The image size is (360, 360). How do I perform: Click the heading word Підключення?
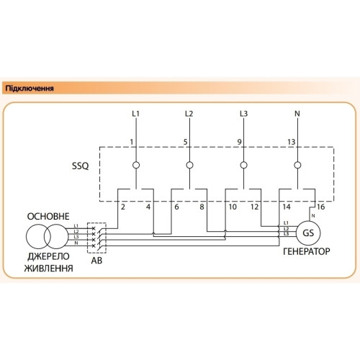(30, 89)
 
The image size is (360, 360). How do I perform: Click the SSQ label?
(81, 166)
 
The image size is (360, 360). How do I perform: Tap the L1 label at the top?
(136, 114)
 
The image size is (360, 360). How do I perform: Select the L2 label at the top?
(189, 114)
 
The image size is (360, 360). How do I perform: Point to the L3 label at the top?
(243, 114)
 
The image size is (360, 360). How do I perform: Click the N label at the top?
(297, 114)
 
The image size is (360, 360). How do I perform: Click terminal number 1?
(132, 142)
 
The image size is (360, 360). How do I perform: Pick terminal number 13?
(292, 142)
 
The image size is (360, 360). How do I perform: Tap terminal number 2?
(123, 207)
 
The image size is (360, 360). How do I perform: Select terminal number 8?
(202, 207)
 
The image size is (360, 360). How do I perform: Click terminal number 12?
(255, 207)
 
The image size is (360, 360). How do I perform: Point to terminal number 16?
(320, 207)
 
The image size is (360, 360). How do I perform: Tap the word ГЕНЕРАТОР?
(307, 251)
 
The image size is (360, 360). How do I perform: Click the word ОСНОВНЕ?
(48, 217)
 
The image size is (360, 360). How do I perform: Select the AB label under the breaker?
(96, 261)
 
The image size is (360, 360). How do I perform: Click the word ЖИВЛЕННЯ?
(49, 268)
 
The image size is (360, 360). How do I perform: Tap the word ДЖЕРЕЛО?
(48, 256)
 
